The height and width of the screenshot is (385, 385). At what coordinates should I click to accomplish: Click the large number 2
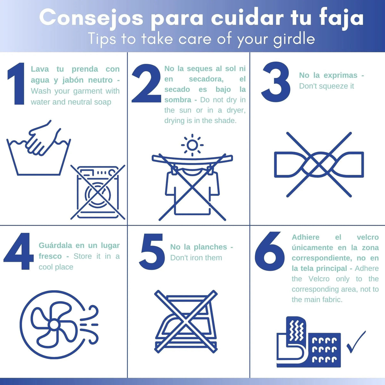(146, 83)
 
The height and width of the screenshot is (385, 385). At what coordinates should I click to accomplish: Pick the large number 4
(19, 251)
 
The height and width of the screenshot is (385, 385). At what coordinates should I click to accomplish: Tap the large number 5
(152, 251)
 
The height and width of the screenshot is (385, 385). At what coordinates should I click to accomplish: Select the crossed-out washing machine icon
(98, 192)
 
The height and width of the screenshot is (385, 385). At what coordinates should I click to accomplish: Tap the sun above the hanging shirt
(192, 145)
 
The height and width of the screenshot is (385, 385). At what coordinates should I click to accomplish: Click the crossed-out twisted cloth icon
(319, 165)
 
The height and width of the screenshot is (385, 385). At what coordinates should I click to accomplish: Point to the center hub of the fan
(54, 324)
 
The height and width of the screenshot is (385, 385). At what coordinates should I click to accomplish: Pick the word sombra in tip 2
(178, 100)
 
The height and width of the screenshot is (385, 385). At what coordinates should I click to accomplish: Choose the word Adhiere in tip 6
(306, 237)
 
